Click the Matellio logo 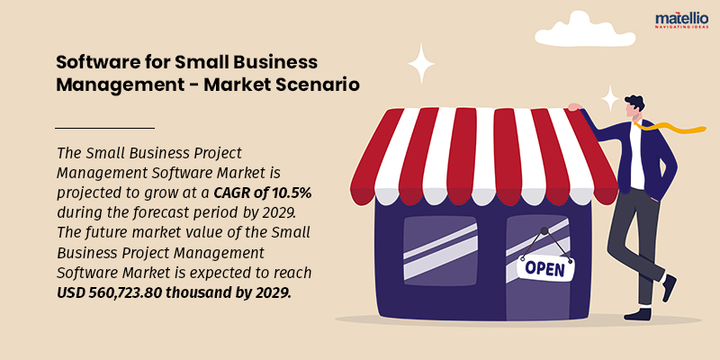click(x=681, y=20)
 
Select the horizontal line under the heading click(x=104, y=129)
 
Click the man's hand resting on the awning click(x=573, y=107)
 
